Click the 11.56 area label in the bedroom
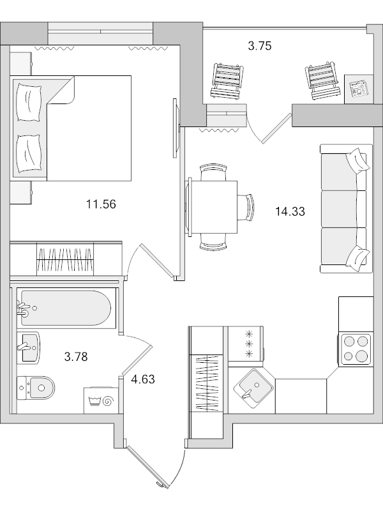click(101, 204)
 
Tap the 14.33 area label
click(290, 211)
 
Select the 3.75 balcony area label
click(260, 46)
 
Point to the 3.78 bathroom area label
click(76, 356)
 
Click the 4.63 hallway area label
click(143, 379)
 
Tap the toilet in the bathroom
click(35, 388)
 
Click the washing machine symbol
click(101, 400)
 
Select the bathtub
click(66, 308)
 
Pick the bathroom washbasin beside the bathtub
click(29, 347)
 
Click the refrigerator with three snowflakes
click(246, 344)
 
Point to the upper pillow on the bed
click(29, 102)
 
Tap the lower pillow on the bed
click(29, 154)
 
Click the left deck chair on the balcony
click(227, 80)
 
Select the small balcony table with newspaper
click(359, 89)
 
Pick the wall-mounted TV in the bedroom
click(176, 128)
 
